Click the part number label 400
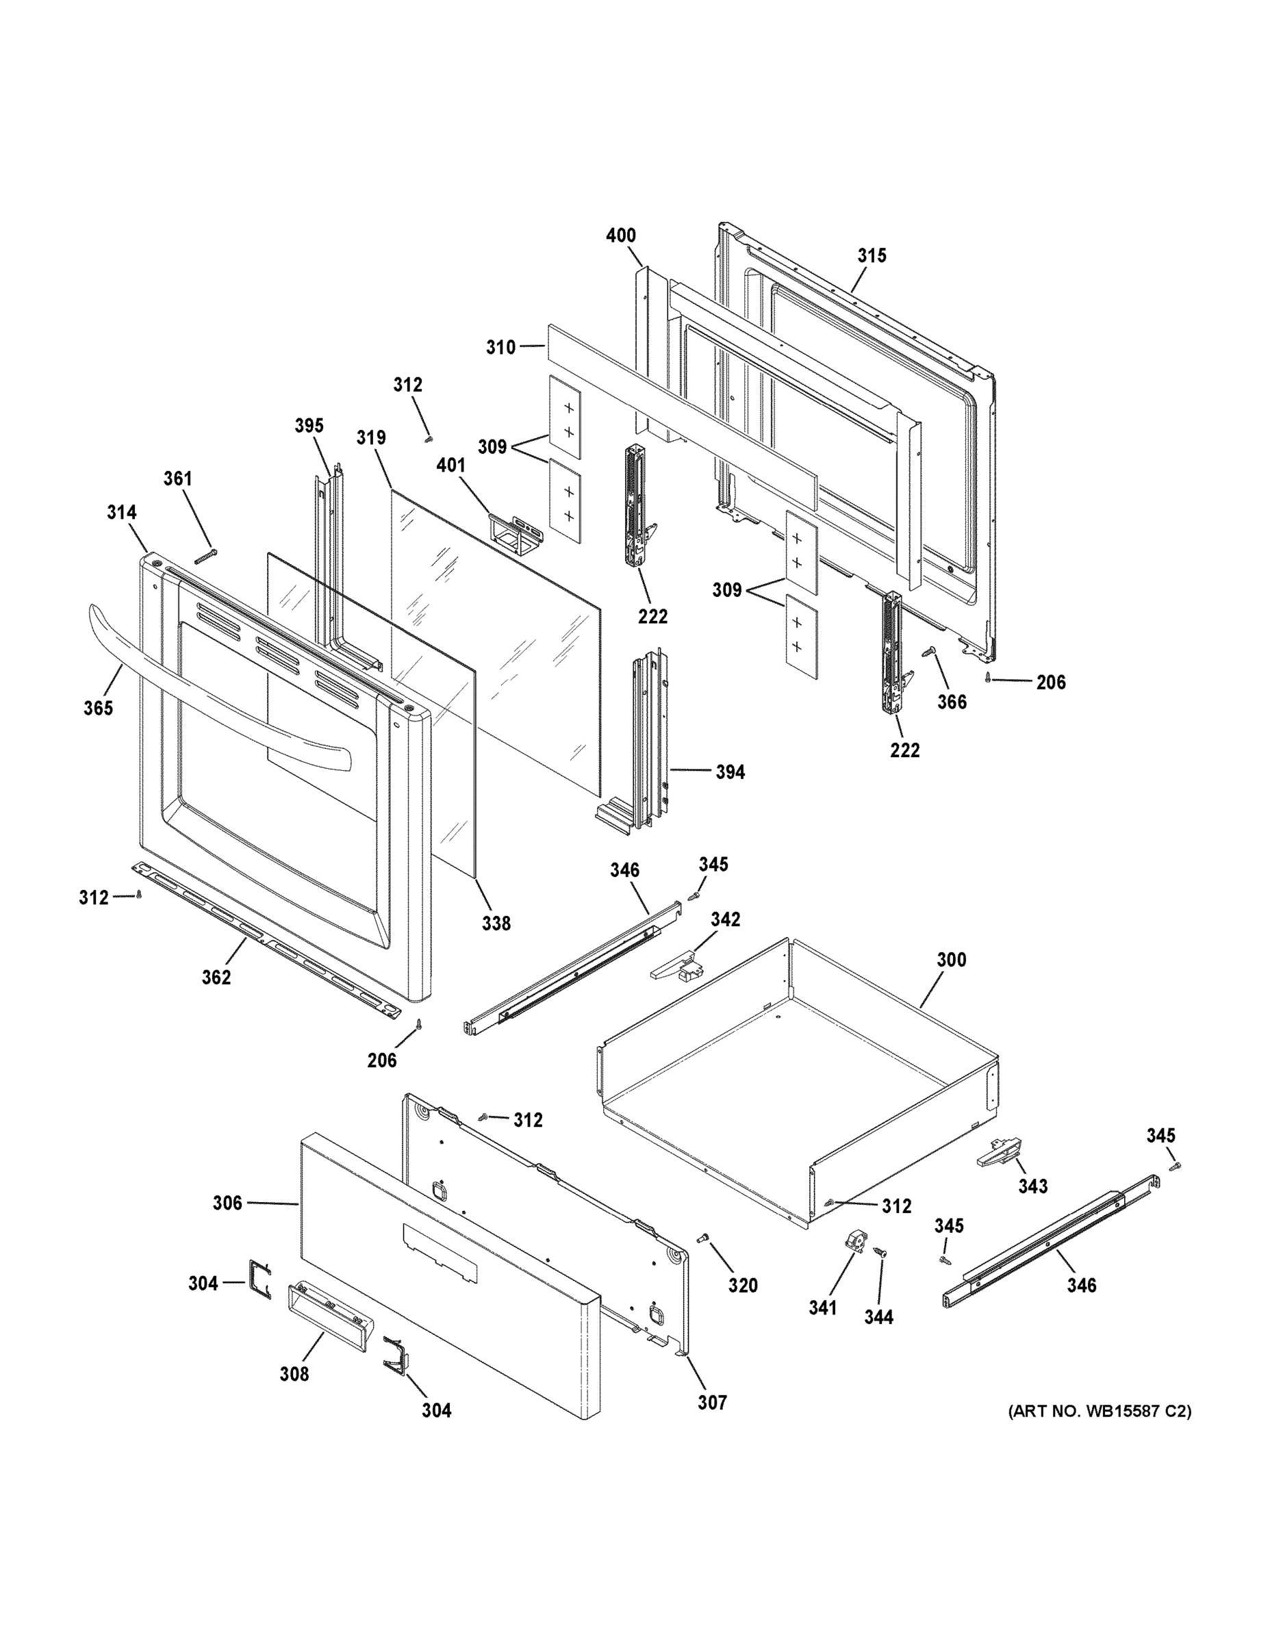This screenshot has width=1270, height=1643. pos(621,235)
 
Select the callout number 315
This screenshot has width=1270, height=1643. pos(872,256)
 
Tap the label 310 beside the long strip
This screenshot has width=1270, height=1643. pos(501,348)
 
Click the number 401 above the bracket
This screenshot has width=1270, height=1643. pos(450,466)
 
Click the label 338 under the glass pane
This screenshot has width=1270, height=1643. pos(496,923)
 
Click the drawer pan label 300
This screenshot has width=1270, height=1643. pos(951,960)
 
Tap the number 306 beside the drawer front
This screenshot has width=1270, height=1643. pos(227,1203)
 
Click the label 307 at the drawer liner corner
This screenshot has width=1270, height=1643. pos(712,1402)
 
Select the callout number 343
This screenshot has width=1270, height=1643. pos(1032,1186)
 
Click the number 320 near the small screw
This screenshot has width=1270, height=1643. pos(743,1286)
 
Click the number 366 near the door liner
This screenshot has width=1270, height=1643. pos(952,702)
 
